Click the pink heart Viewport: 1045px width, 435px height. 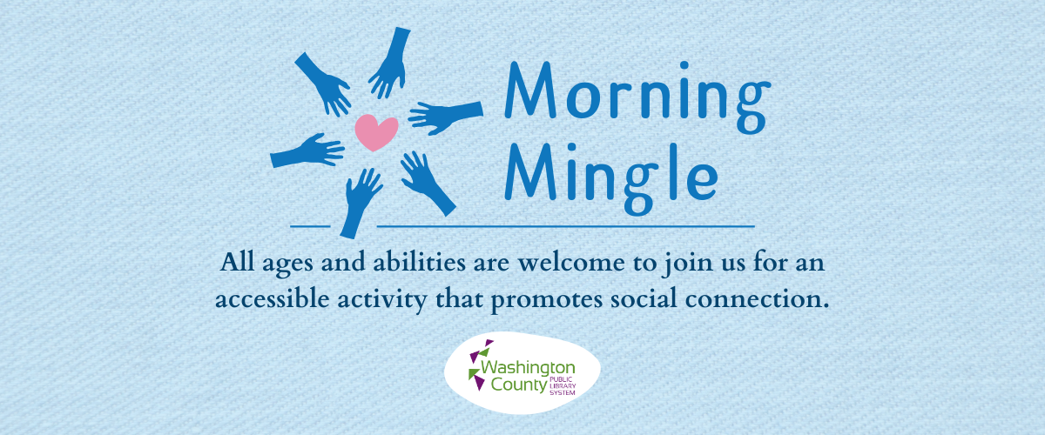click(x=376, y=132)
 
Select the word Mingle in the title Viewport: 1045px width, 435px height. click(x=611, y=177)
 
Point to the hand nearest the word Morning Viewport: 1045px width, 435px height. click(x=446, y=117)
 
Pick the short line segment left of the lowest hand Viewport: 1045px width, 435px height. click(x=310, y=226)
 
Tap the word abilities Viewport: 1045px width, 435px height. click(x=419, y=262)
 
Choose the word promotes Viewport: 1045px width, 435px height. click(x=547, y=301)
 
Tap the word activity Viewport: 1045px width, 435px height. click(x=382, y=300)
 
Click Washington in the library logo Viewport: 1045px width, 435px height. click(x=528, y=368)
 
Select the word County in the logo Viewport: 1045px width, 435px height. click(x=519, y=385)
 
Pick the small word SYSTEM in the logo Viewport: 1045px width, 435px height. click(x=563, y=393)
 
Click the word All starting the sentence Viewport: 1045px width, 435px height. click(x=238, y=262)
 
